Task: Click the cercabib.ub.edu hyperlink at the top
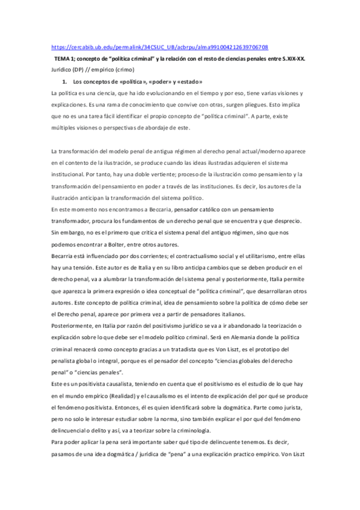tap(160, 47)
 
